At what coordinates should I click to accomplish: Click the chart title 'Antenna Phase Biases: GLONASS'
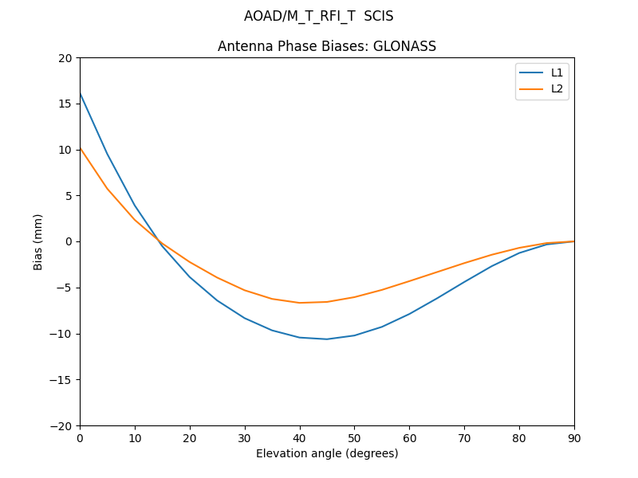pyautogui.click(x=327, y=46)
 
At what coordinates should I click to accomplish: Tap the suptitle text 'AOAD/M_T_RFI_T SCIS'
pyautogui.click(x=319, y=16)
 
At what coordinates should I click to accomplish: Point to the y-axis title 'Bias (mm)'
pyautogui.click(x=38, y=241)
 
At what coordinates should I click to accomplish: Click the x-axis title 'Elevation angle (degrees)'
pyautogui.click(x=327, y=453)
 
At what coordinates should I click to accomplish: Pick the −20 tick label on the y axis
pyautogui.click(x=61, y=425)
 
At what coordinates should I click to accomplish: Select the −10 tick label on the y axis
pyautogui.click(x=61, y=334)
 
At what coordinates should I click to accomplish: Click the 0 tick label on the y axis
pyautogui.click(x=69, y=241)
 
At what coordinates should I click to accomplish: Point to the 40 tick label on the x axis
pyautogui.click(x=300, y=437)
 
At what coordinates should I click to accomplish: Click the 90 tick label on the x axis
pyautogui.click(x=574, y=437)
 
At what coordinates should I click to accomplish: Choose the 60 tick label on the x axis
pyautogui.click(x=409, y=437)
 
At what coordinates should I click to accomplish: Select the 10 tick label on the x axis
pyautogui.click(x=135, y=437)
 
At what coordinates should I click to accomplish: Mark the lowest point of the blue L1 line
pyautogui.click(x=327, y=339)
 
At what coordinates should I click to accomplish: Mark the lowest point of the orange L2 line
pyautogui.click(x=300, y=303)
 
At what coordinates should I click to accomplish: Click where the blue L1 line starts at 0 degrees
pyautogui.click(x=80, y=92)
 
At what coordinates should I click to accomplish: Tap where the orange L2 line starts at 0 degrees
pyautogui.click(x=80, y=147)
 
